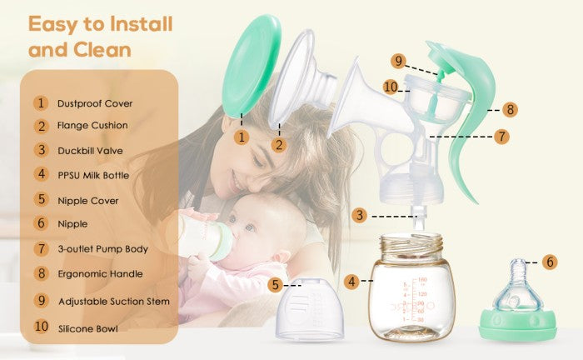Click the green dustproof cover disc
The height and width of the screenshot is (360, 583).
pos(252,67)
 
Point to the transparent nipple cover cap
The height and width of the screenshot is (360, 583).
pos(309,309)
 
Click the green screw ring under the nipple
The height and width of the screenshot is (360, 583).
pos(518,324)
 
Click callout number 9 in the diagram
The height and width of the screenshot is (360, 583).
pos(398,61)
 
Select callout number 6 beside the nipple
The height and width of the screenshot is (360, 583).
pos(550,262)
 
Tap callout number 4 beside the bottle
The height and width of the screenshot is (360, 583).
pos(351,282)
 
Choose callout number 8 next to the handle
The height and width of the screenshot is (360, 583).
pos(510,110)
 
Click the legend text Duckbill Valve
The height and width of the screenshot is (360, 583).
pos(90,151)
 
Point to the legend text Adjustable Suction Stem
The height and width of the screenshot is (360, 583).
pos(114,301)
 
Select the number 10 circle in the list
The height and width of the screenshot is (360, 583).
pos(42,327)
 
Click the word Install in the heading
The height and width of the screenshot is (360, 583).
pos(142,24)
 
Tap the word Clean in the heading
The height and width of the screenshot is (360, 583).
pos(102,50)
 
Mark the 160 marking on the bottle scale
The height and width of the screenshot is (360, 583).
pos(423,280)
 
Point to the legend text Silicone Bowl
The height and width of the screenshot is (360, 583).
pos(88,329)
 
